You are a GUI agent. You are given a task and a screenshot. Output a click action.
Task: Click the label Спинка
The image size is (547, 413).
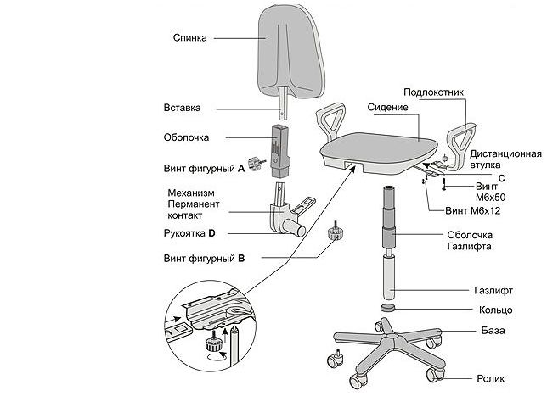tap(189, 37)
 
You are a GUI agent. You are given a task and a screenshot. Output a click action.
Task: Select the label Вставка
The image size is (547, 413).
tap(182, 108)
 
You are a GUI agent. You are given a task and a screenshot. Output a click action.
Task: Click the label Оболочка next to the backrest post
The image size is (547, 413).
tap(186, 137)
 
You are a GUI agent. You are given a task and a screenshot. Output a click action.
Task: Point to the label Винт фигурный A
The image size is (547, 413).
tap(204, 169)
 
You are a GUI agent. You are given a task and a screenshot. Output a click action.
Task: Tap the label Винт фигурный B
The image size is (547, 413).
tap(204, 257)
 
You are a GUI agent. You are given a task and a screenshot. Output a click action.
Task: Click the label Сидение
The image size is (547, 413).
tap(388, 107)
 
